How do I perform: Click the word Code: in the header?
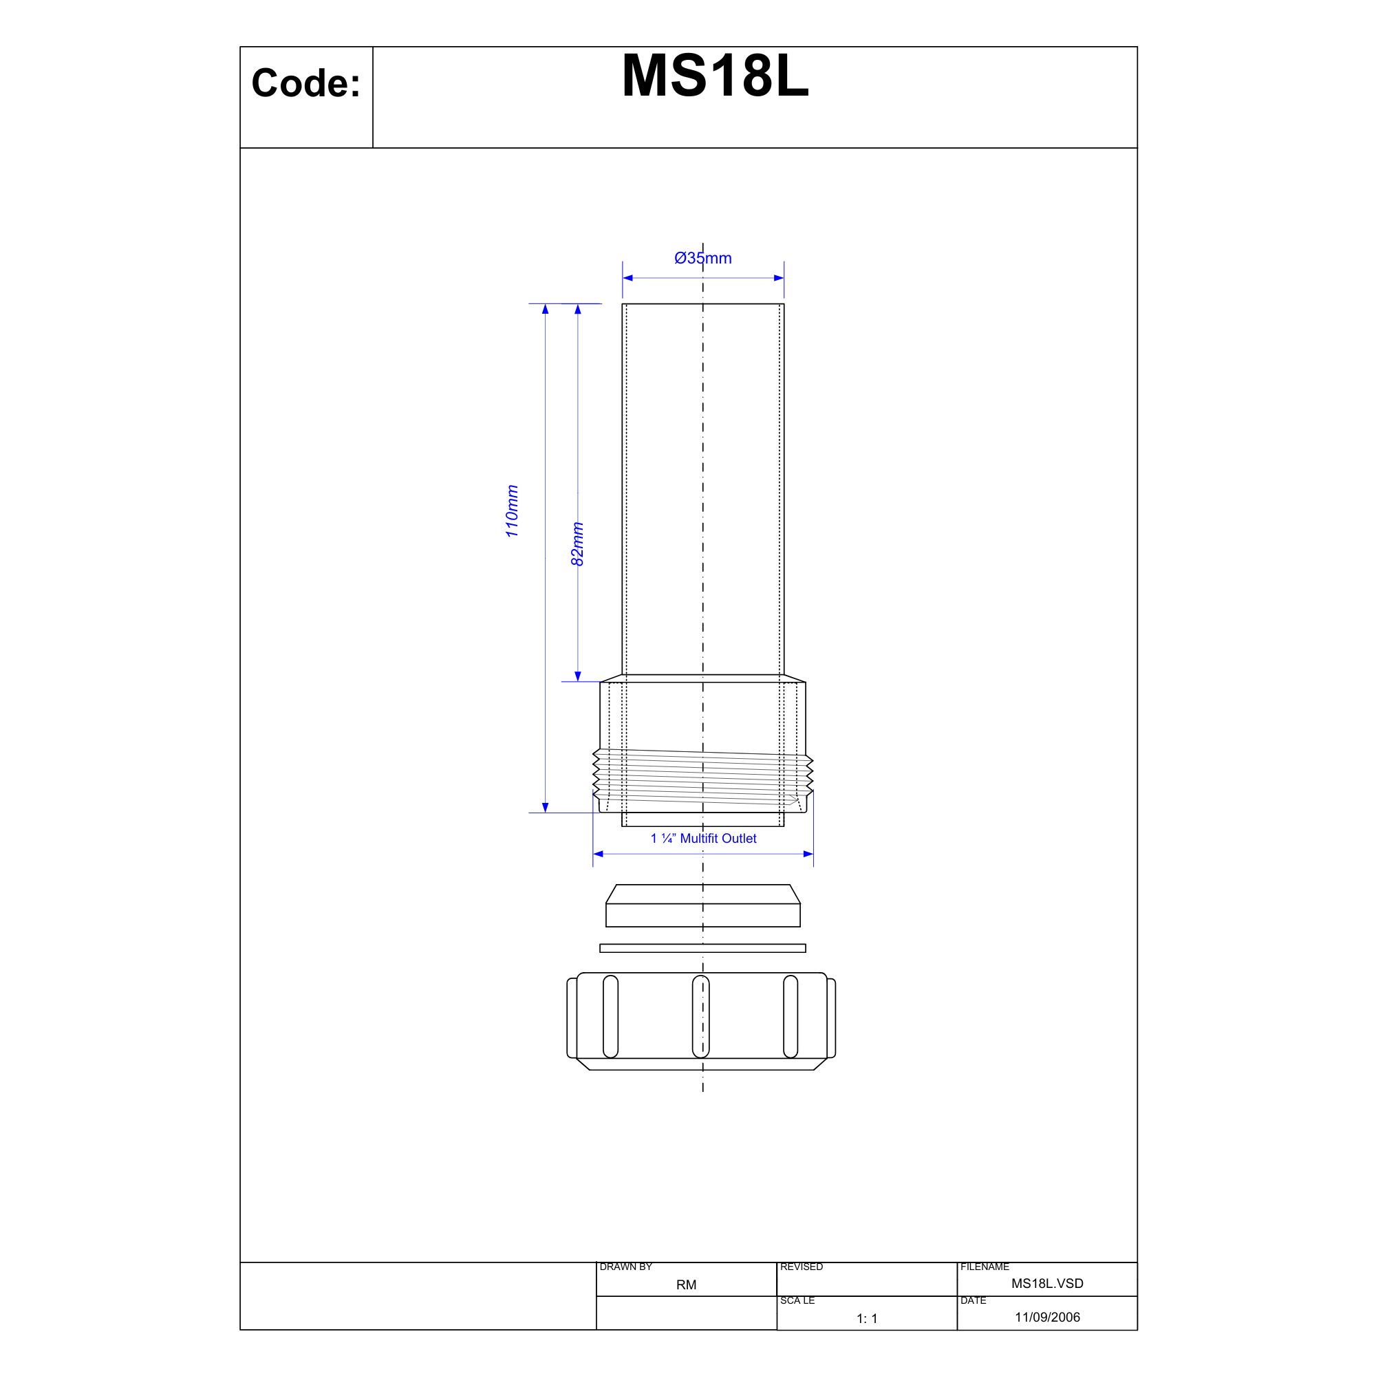pos(305,83)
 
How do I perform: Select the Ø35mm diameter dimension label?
pos(703,258)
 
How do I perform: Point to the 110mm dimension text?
pos(511,511)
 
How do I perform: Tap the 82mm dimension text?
pos(578,544)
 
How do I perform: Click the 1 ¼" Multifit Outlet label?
pos(703,838)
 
